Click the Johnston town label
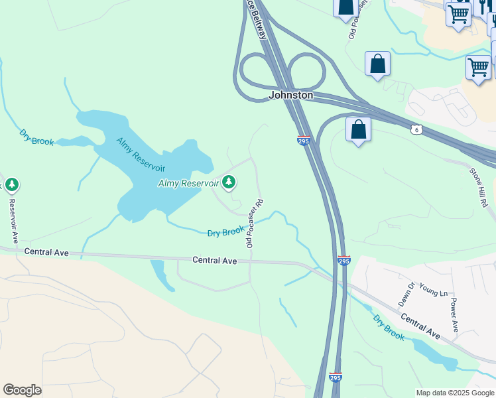290,96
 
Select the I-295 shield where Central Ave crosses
343,260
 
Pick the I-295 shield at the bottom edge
336,377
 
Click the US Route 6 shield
416,128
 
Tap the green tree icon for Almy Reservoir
229,181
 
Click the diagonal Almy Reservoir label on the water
141,155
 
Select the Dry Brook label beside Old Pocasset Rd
226,232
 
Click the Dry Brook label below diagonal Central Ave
389,328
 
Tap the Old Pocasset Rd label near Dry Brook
255,224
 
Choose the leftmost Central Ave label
46,252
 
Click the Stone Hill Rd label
482,189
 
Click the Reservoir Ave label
12,218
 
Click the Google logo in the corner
22,390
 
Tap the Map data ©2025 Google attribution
455,393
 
